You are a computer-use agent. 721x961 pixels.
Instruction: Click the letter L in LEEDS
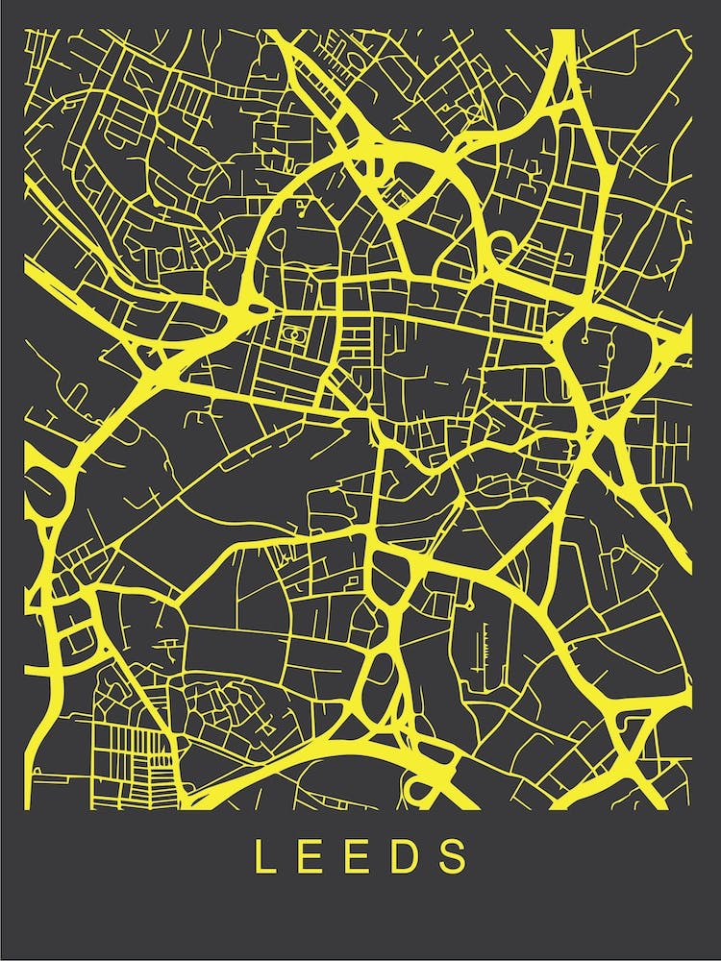click(261, 856)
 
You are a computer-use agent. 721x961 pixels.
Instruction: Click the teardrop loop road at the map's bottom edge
click(421, 791)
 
